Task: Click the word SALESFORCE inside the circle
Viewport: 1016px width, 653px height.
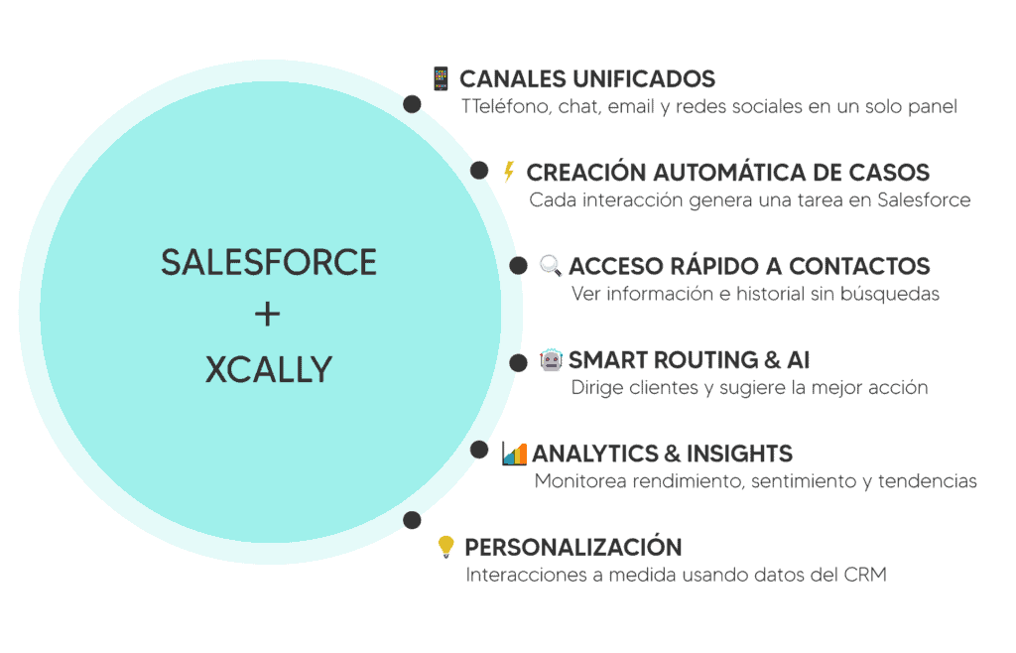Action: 268,262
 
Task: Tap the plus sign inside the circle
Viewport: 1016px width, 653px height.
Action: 268,315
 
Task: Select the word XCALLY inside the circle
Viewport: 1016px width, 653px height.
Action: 268,369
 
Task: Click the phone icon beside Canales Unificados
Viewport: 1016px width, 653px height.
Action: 441,78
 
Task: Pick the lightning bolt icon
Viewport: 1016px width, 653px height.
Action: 509,172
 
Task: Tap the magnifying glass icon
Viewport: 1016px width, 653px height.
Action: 551,265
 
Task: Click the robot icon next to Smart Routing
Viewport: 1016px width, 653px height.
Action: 551,359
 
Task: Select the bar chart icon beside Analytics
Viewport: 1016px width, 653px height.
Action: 514,453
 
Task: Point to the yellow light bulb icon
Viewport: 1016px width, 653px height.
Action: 446,546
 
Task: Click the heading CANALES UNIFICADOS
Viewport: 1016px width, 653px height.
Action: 587,79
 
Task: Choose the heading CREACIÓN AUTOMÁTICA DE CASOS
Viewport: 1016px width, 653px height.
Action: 727,173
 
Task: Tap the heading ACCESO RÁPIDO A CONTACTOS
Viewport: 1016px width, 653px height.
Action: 749,266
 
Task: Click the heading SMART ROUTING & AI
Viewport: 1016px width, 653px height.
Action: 690,359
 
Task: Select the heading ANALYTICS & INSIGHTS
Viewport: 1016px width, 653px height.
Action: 662,454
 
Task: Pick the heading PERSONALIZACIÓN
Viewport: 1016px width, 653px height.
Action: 572,547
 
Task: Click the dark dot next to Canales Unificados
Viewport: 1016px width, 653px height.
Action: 412,104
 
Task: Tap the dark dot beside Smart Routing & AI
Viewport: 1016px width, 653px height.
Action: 518,363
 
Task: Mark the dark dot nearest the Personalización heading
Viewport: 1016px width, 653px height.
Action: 412,519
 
